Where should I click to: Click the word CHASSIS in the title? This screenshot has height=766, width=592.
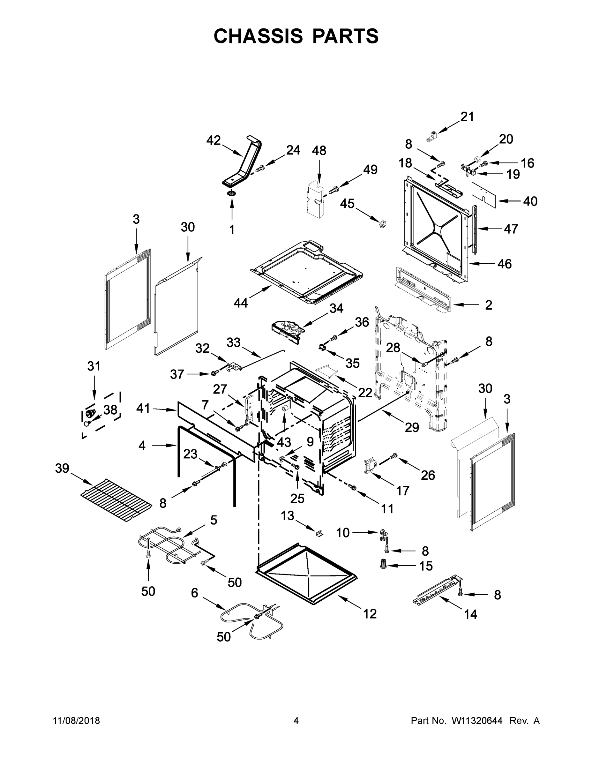tap(258, 36)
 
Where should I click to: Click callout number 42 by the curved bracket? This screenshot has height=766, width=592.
tap(213, 141)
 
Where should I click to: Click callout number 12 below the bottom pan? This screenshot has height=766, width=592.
tap(370, 614)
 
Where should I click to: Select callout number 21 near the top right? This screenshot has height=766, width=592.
tap(467, 117)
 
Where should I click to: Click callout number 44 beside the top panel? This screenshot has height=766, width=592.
tap(241, 303)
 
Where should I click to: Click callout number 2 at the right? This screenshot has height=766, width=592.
tap(489, 305)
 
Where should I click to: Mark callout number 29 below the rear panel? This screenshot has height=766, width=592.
tap(412, 427)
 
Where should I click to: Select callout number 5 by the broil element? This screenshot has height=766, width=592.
tap(214, 520)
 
